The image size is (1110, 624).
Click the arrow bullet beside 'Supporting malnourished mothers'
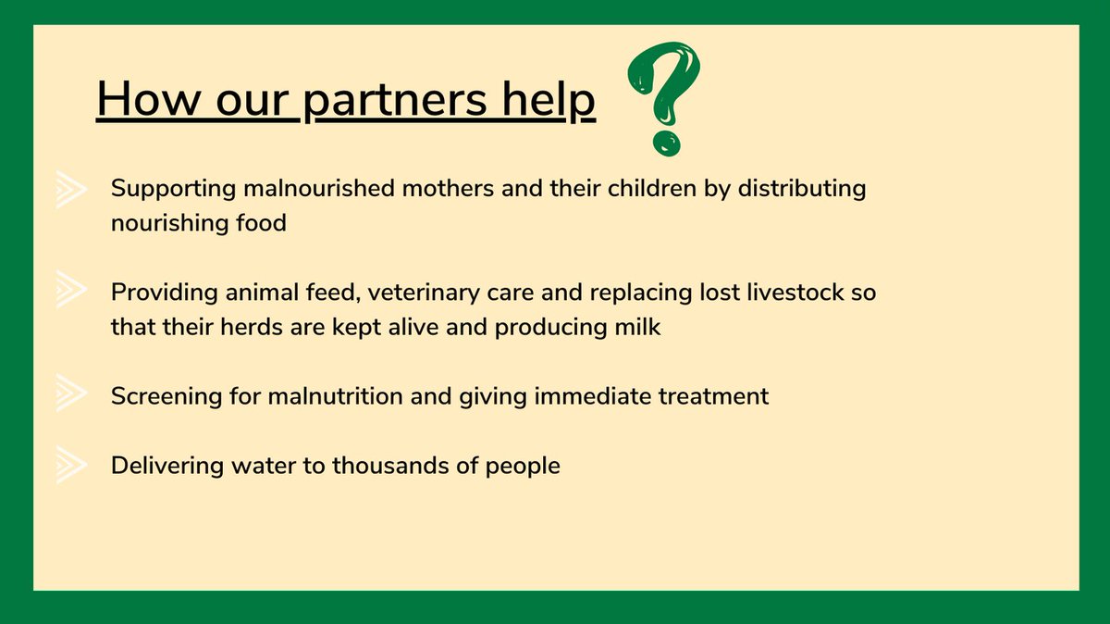coord(70,189)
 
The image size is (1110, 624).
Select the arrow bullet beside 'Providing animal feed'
coord(70,292)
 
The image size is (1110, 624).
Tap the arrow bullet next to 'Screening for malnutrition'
coord(70,396)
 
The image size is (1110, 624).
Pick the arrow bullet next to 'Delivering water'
coord(70,465)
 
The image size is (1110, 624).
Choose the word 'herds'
coord(244,327)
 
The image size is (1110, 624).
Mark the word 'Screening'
coord(166,396)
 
